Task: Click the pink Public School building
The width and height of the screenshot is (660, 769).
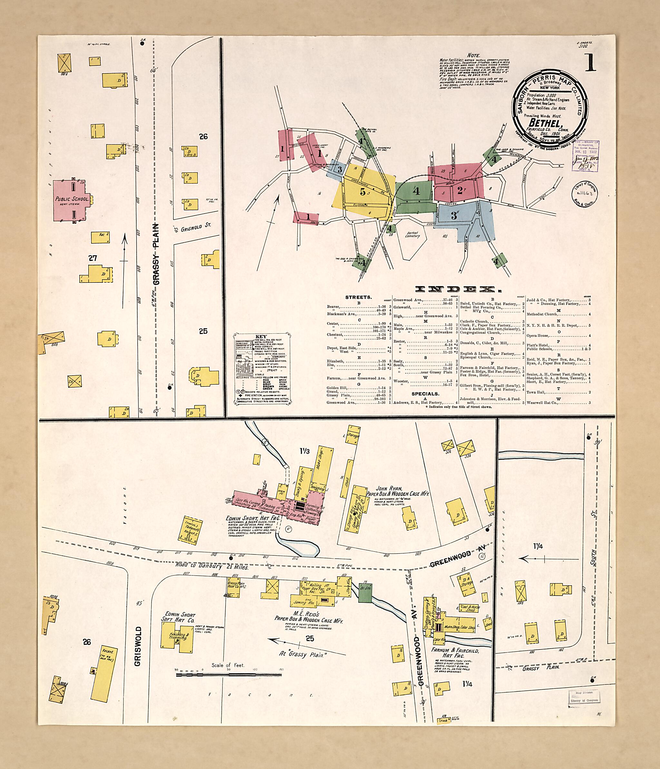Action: click(x=72, y=200)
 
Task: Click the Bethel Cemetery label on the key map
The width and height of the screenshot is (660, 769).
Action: click(x=412, y=235)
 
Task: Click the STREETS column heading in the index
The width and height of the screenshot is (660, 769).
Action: click(x=358, y=297)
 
